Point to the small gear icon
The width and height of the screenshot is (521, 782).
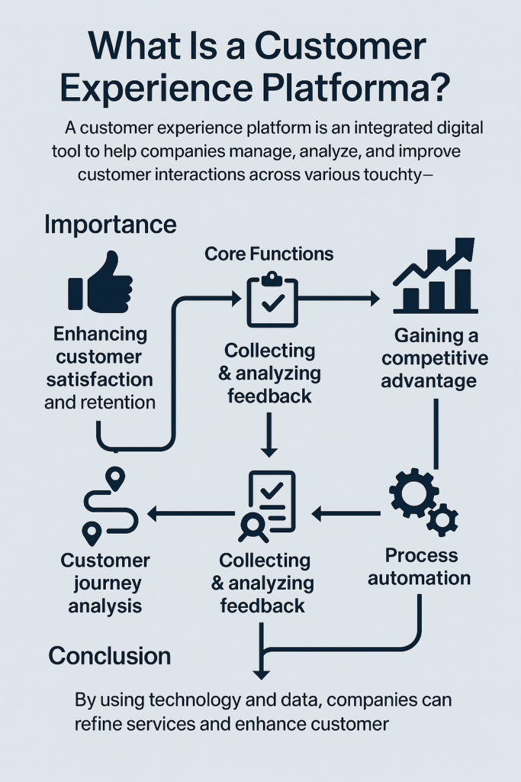click(442, 520)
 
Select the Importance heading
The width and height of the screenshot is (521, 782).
click(110, 225)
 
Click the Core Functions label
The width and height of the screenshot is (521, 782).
click(269, 254)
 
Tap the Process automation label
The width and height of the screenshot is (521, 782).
click(420, 567)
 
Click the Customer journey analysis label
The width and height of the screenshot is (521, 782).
click(106, 583)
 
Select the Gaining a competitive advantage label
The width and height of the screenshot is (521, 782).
click(435, 357)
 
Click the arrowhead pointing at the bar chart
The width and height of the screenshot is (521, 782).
click(373, 298)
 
